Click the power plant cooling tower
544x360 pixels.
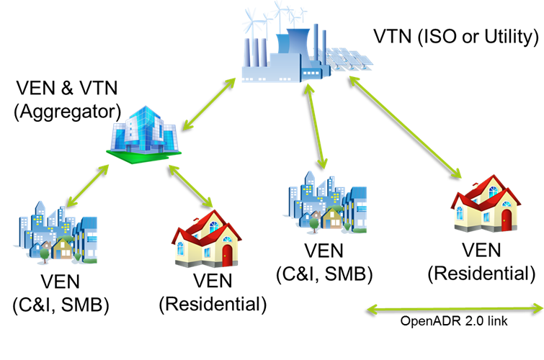point(298,42)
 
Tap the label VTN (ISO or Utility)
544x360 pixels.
point(456,37)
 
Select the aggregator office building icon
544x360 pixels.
point(143,135)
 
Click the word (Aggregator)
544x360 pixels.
point(68,112)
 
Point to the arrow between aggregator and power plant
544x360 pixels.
point(209,104)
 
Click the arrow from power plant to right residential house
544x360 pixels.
point(405,127)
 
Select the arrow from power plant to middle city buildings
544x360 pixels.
point(316,126)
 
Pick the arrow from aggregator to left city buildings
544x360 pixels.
point(87,186)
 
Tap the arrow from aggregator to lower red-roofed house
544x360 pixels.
point(191,186)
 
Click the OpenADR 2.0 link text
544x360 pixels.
point(454,321)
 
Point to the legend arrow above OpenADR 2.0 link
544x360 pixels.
point(455,309)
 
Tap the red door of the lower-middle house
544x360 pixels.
point(227,256)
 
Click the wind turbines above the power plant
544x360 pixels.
point(274,17)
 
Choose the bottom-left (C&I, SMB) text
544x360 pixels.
point(61,305)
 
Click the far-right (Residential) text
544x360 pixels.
point(481,274)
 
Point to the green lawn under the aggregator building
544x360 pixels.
point(143,157)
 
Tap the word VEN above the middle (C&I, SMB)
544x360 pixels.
point(324,251)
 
